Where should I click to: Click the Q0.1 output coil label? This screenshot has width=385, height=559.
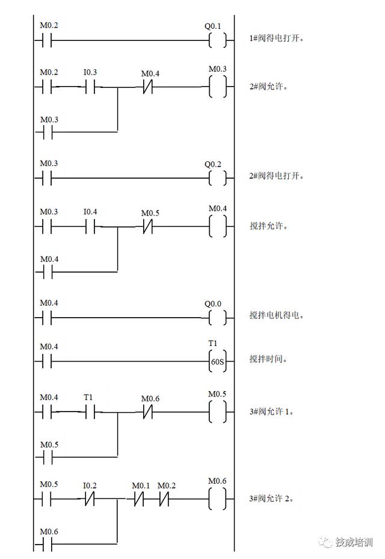click(x=213, y=26)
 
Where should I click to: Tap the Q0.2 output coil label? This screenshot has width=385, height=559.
click(x=213, y=164)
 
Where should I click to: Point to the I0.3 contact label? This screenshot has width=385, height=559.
click(x=90, y=73)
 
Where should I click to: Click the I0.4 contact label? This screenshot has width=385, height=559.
click(x=90, y=211)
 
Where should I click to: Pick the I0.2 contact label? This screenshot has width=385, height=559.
click(x=90, y=485)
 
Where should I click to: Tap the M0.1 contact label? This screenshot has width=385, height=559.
click(x=141, y=486)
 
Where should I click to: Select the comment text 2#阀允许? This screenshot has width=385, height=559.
click(x=268, y=86)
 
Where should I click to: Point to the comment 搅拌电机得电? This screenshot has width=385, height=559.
click(x=277, y=315)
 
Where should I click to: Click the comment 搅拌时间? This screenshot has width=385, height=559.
click(x=268, y=359)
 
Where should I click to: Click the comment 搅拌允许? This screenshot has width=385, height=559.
click(x=268, y=226)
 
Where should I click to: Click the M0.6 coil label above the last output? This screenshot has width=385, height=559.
click(x=217, y=481)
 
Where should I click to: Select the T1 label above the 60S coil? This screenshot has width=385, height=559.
click(x=212, y=344)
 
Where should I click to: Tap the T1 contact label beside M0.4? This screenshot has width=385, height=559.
click(x=88, y=398)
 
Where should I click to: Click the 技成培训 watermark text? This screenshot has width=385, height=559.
click(x=354, y=541)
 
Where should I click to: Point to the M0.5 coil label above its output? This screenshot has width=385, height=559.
click(x=217, y=394)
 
